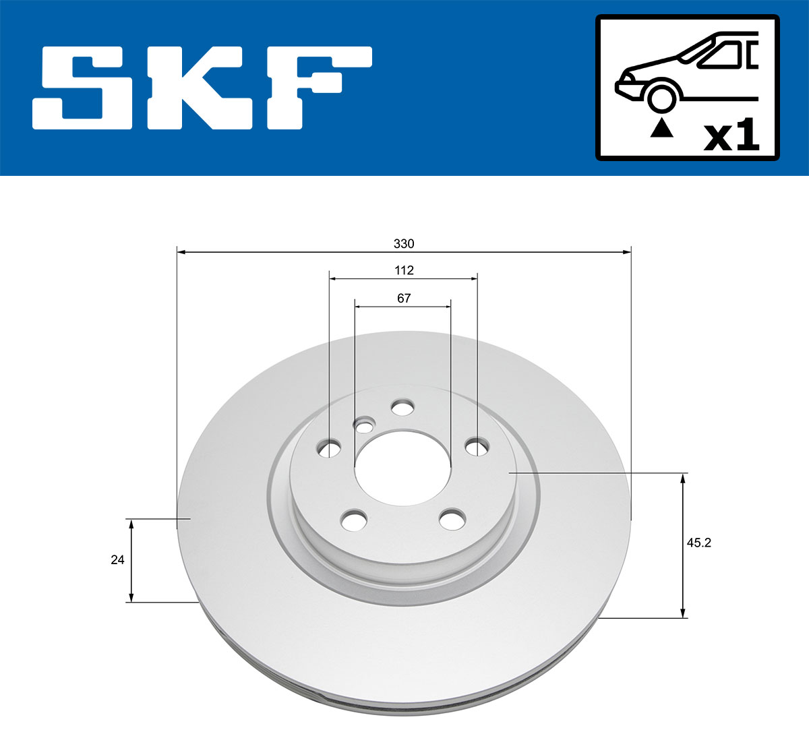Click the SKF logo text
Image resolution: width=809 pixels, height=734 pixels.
coord(202,88)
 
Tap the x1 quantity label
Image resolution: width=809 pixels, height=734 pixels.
coord(731,136)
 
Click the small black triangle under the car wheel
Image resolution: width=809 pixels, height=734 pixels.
coord(661,127)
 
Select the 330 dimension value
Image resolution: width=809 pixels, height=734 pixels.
coord(404,243)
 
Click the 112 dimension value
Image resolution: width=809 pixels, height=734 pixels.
coord(404,270)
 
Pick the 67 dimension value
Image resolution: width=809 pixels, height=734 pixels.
coord(404,298)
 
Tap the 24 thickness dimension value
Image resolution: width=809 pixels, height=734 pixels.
coord(117,559)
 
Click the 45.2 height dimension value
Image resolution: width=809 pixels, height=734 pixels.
coord(698,543)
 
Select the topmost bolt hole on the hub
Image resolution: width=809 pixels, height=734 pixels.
coord(402,408)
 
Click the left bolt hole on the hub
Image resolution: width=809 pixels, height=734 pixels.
coord(330,448)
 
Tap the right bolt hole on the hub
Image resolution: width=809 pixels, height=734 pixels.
coord(477,446)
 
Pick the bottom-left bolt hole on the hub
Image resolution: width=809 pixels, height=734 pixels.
coord(354,520)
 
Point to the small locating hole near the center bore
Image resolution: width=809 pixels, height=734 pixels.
coord(365,426)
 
